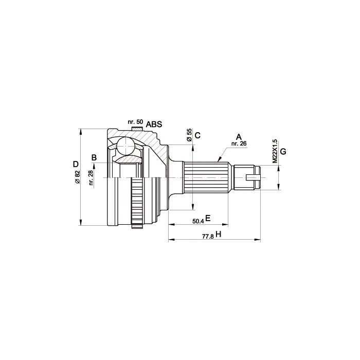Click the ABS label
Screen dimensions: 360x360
pos(154,124)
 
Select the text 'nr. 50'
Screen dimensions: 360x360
pos(135,122)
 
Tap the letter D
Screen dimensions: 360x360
pos(76,164)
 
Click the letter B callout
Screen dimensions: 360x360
pos(94,158)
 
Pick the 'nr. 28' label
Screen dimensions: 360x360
pos(91,178)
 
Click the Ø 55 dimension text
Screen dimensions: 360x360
pos(189,135)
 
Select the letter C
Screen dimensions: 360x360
pos(197,135)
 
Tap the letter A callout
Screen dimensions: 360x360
pos(239,137)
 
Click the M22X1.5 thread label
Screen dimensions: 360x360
pos(275,151)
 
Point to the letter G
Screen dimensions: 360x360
pos(283,152)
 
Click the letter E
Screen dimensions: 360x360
pos(208,218)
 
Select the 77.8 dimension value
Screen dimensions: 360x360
pos(208,237)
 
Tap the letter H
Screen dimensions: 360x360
pos(219,235)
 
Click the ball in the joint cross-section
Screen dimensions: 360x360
pos(125,146)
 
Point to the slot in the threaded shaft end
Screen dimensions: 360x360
pos(253,177)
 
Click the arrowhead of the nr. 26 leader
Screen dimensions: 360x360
pos(219,159)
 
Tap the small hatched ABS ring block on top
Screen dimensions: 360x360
pos(137,129)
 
